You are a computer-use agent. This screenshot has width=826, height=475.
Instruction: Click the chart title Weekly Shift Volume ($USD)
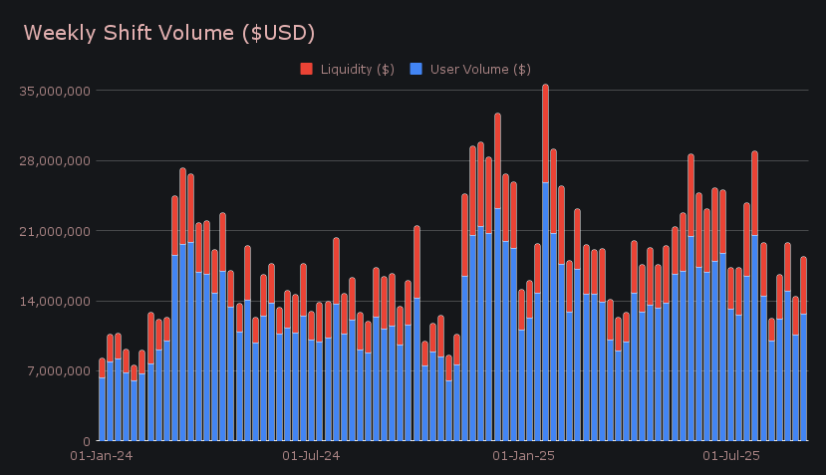tap(169, 33)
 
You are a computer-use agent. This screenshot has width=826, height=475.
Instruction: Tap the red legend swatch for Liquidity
tap(307, 69)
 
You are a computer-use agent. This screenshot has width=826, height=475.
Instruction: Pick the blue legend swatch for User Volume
tap(416, 69)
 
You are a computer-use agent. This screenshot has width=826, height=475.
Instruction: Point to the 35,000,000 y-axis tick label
tap(55, 91)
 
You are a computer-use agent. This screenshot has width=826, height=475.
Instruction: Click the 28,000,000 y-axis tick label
tap(55, 161)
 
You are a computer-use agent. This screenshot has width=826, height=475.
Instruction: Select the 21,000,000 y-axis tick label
tap(55, 231)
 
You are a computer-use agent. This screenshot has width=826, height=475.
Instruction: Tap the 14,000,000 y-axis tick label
tap(55, 301)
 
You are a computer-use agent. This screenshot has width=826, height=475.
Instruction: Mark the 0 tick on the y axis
tap(87, 441)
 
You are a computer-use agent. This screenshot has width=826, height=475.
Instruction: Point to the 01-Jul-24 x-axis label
tap(312, 456)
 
